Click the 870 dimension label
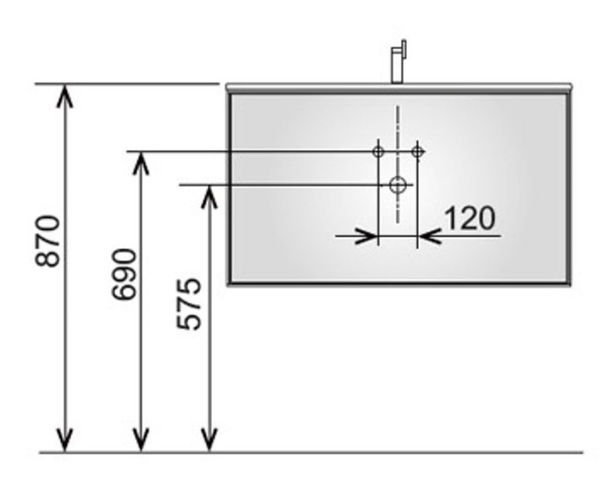48,240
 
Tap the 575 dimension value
190,304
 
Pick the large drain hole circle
398,184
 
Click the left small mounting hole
378,152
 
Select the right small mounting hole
417,152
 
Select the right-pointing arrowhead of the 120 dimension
369,234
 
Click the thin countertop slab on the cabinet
398,88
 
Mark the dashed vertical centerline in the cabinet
398,130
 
